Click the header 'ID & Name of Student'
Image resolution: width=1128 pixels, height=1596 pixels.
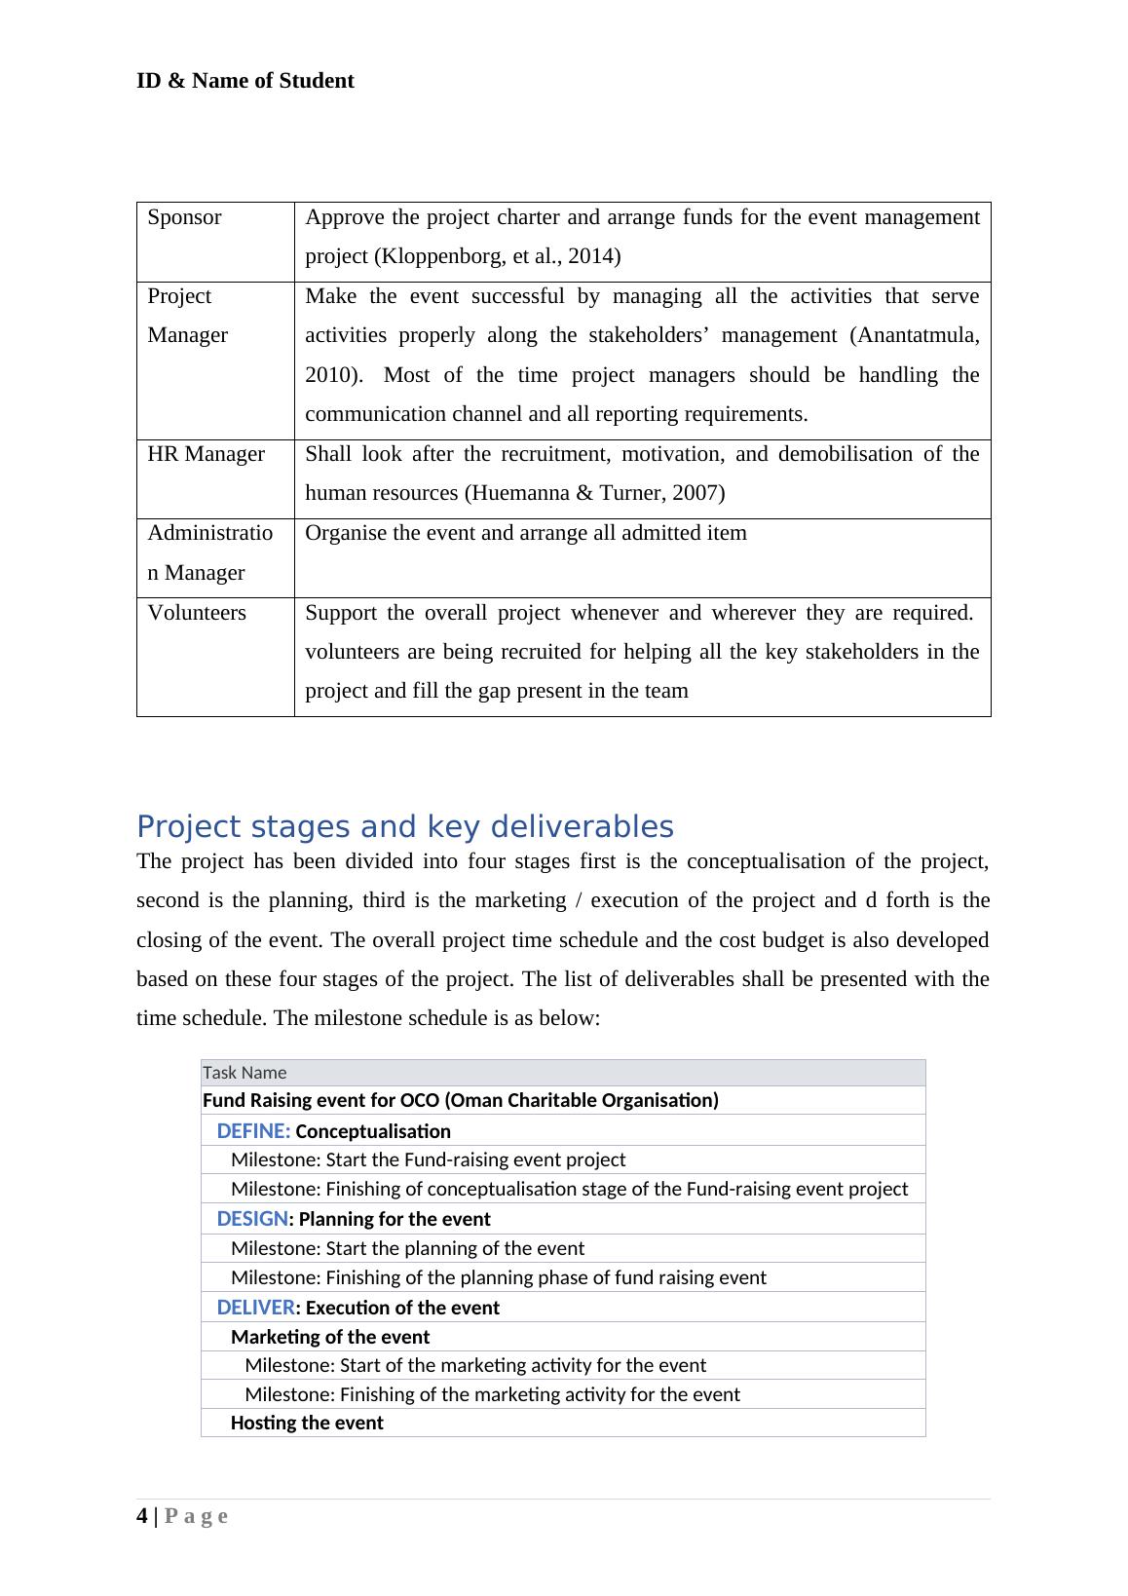coord(244,81)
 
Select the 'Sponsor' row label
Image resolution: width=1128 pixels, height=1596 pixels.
coord(184,217)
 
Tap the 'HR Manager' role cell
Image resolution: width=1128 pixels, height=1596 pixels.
coord(206,454)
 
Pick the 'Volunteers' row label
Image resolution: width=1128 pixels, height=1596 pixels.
coord(197,613)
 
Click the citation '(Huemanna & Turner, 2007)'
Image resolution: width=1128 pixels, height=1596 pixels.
coord(594,493)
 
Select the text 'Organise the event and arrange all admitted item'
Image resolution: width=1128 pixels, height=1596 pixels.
coord(526,533)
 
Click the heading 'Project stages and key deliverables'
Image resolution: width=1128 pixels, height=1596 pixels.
coord(404,826)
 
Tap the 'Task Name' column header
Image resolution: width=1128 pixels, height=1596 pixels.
coord(244,1073)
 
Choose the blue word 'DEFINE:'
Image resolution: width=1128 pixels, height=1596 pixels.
coord(253,1131)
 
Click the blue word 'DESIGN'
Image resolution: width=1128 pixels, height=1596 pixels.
coord(252,1219)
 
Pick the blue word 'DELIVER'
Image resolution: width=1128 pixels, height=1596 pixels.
coord(255,1308)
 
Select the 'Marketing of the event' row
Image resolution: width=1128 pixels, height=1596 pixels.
coord(329,1337)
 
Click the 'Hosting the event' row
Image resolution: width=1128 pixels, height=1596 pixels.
coord(307,1423)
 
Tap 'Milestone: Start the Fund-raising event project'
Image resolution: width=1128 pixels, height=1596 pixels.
coord(428,1159)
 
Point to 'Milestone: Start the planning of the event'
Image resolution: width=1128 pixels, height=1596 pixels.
coord(407,1248)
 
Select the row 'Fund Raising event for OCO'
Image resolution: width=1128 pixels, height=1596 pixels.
coord(460,1100)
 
